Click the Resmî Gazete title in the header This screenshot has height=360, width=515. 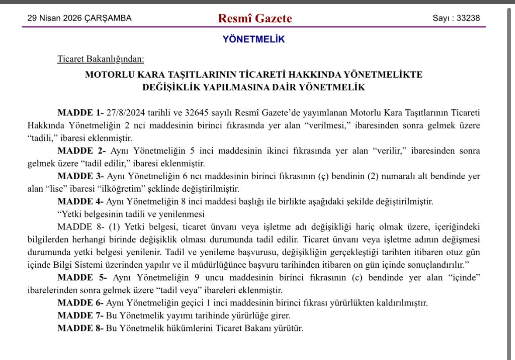[256, 18]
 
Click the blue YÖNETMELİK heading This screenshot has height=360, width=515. [254, 39]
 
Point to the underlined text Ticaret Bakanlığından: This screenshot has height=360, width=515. [100, 59]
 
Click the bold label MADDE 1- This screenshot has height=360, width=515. [80, 113]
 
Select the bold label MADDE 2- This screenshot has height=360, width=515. [82, 151]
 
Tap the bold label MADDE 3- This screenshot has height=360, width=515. [80, 177]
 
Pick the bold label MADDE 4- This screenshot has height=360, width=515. [80, 202]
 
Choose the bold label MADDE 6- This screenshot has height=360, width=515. [80, 303]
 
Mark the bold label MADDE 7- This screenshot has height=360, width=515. [80, 315]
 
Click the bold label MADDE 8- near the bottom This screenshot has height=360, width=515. [80, 328]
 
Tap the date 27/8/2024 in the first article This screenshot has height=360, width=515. [127, 113]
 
